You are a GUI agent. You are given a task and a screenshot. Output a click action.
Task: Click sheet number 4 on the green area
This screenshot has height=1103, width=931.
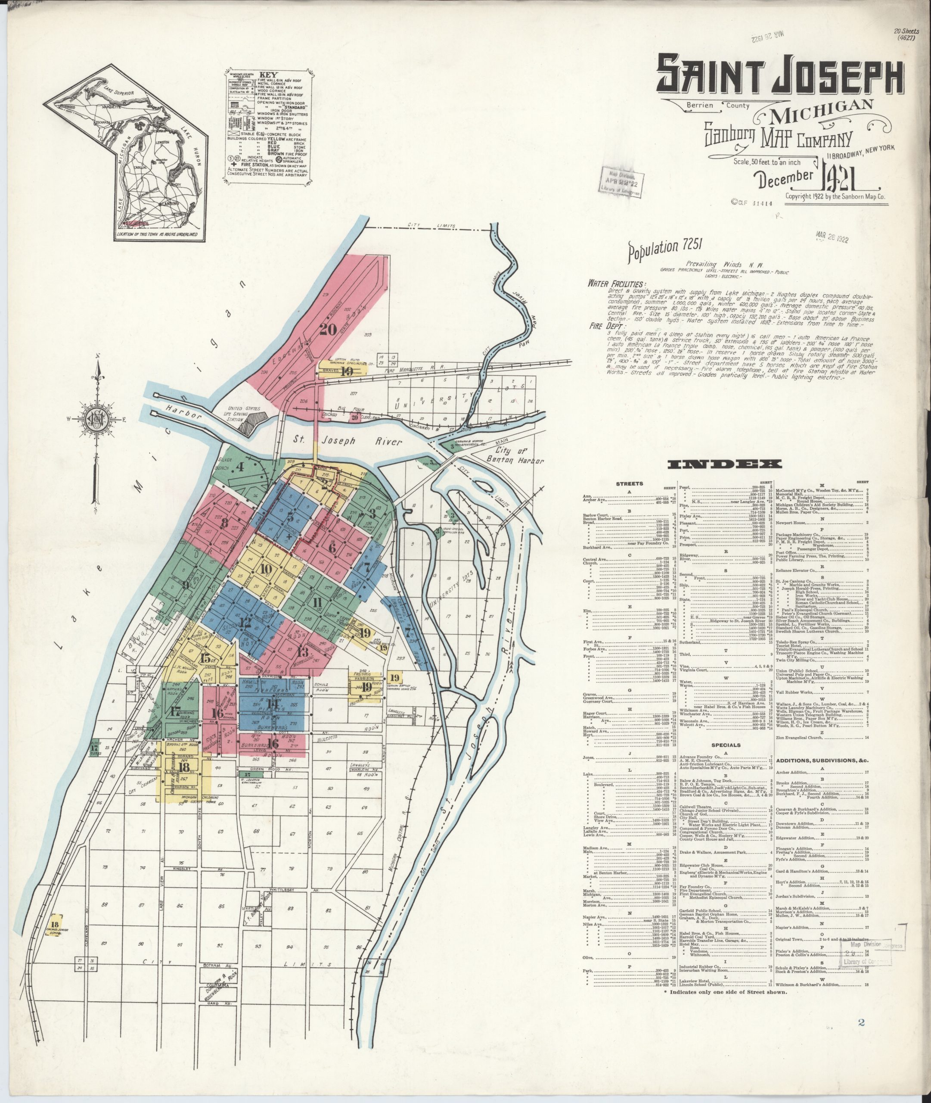point(240,467)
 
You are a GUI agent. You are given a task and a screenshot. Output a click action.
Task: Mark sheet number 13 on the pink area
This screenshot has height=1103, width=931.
point(302,651)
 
